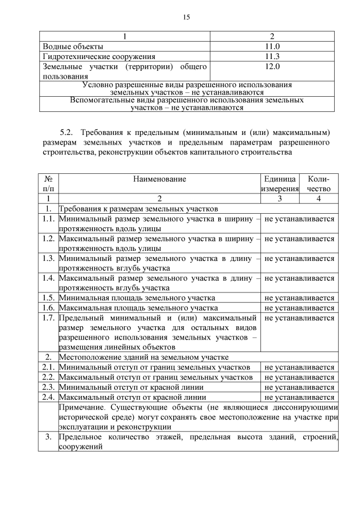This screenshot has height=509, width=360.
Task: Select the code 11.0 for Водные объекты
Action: click(x=272, y=46)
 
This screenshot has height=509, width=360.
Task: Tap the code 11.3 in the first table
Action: click(x=272, y=56)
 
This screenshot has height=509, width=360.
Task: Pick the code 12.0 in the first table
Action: click(x=272, y=66)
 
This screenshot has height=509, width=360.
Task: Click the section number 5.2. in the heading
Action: click(x=66, y=133)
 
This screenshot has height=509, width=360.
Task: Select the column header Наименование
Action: click(x=159, y=179)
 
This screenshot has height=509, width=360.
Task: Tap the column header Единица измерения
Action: click(x=280, y=184)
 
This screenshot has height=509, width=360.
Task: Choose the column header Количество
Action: click(x=319, y=184)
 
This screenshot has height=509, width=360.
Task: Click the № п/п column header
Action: click(x=48, y=184)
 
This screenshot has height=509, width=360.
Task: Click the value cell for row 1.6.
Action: click(x=299, y=308)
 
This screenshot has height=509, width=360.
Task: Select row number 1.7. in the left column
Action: click(x=48, y=318)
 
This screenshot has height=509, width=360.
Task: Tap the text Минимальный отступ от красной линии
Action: click(x=131, y=387)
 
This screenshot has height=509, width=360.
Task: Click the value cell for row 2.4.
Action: click(x=299, y=397)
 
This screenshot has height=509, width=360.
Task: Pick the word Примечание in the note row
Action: click(x=83, y=407)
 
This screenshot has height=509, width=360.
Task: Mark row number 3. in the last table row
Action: click(x=48, y=437)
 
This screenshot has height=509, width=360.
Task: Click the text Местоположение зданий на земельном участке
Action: click(x=143, y=357)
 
